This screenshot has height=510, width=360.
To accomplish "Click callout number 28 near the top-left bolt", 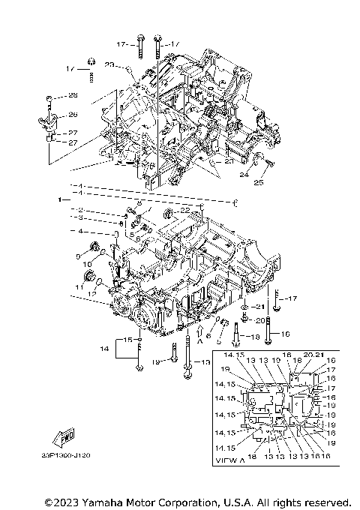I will [x=73, y=95].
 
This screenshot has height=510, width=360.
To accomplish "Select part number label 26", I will [x=73, y=115].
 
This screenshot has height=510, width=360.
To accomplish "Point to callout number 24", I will [x=244, y=175].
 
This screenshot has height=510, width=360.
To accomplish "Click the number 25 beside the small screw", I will [x=258, y=181].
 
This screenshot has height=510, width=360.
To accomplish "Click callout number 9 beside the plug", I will [x=77, y=256].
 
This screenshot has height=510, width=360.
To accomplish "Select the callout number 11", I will [x=78, y=287].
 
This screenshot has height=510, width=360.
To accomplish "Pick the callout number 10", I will [x=87, y=264].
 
